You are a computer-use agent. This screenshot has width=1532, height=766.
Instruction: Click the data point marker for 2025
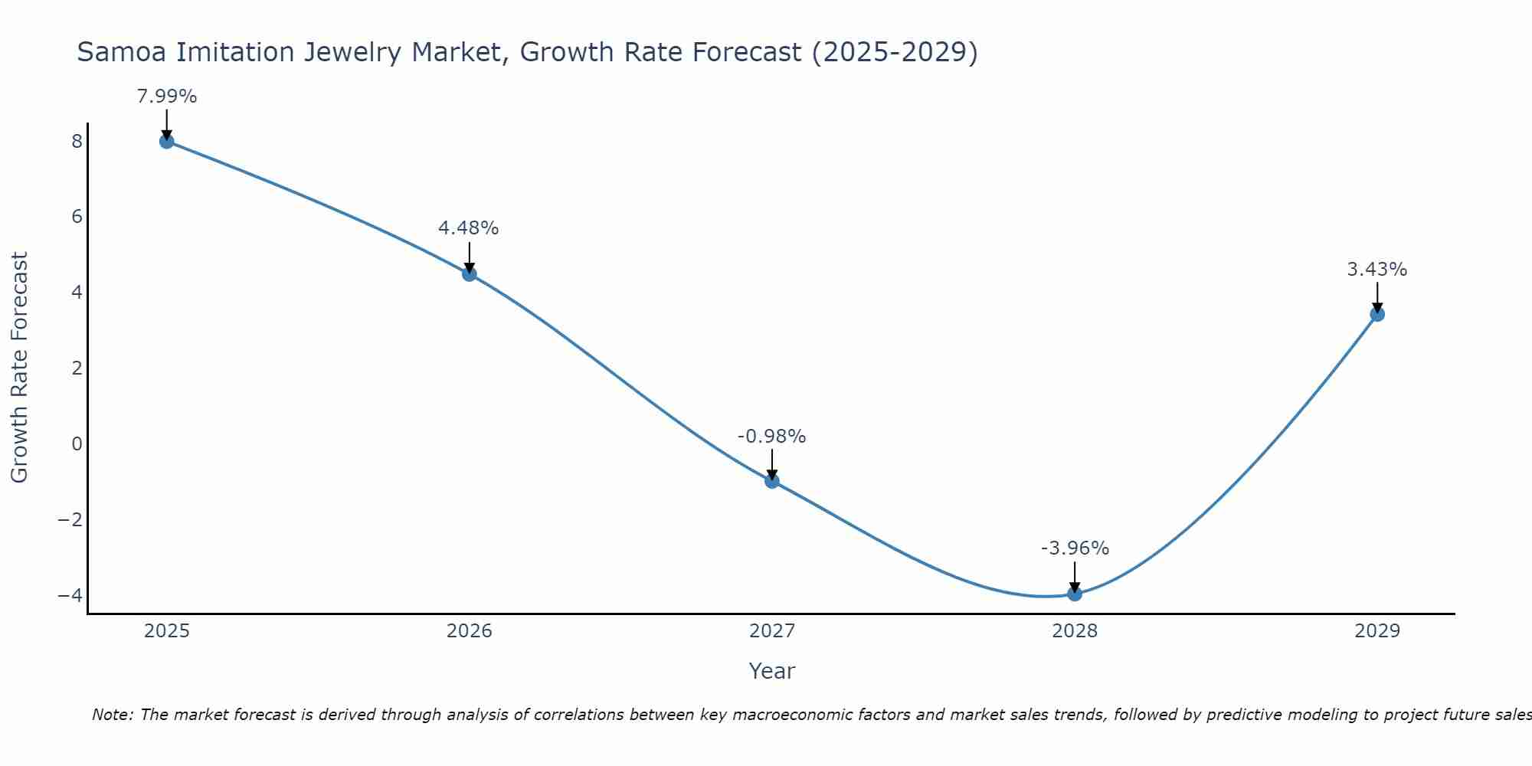coord(166,141)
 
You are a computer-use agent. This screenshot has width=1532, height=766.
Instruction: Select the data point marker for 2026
coord(470,274)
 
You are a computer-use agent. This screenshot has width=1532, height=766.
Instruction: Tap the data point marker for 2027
coord(772,481)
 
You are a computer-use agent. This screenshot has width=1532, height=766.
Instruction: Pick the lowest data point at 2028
coord(1075,594)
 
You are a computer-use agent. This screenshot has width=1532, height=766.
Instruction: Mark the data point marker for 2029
coord(1377,314)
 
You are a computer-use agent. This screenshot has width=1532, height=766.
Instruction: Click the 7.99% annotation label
coord(166,97)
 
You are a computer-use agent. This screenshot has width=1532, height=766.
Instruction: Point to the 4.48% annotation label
coord(468,228)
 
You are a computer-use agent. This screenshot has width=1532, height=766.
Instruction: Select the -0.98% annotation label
coord(771,437)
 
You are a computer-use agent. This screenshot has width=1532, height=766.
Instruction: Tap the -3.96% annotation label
coord(1075,548)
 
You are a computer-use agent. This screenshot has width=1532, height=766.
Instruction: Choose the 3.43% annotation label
coord(1377,270)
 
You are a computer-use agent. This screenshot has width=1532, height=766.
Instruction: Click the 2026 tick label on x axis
coord(470,631)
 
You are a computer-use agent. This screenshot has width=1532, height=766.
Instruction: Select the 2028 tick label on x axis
coord(1075,631)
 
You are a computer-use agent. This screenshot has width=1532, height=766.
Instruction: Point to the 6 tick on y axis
coord(77,217)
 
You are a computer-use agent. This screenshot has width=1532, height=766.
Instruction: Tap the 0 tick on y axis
coord(77,444)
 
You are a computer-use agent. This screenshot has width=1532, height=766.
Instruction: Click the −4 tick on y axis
coord(70,595)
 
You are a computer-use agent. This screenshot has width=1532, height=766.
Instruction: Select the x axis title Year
coord(771,671)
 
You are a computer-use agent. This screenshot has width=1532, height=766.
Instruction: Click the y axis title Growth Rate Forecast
coord(19,368)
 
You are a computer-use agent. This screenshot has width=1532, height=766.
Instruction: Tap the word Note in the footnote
coord(112,715)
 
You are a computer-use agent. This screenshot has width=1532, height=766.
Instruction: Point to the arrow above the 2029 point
coord(1377,297)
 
